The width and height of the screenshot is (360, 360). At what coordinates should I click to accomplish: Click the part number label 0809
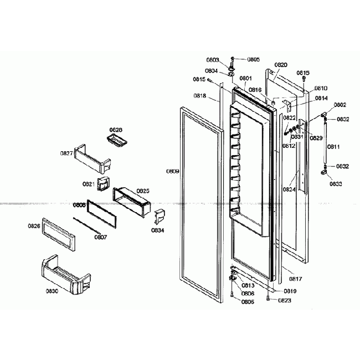click(173, 171)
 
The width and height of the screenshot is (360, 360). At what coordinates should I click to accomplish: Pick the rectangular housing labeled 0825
click(132, 200)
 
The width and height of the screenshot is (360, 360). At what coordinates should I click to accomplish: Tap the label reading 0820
click(281, 65)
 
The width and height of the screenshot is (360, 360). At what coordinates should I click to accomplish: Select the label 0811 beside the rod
click(334, 147)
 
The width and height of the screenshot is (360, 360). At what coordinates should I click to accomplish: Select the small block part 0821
click(103, 184)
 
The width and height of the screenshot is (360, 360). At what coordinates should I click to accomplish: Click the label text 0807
click(100, 237)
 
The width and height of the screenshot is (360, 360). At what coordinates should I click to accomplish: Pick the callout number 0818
click(199, 96)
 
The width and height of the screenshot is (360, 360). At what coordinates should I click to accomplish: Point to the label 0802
click(340, 105)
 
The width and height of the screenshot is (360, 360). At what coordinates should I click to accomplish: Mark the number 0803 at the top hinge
click(212, 60)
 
